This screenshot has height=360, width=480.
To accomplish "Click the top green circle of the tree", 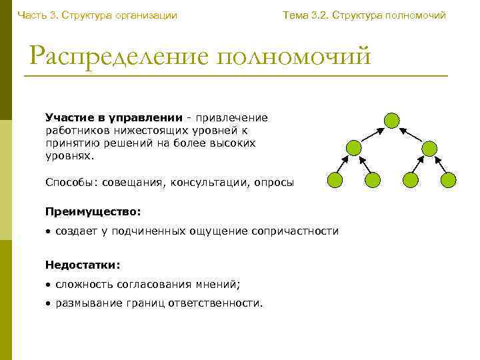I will pyautogui.click(x=392, y=120).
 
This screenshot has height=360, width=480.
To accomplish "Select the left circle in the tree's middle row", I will pyautogui.click(x=354, y=148).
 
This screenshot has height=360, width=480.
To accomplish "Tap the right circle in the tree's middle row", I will pyautogui.click(x=430, y=148).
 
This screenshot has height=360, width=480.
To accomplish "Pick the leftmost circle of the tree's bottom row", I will pyautogui.click(x=335, y=179).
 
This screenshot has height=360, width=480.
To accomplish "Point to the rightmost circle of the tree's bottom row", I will pyautogui.click(x=449, y=179).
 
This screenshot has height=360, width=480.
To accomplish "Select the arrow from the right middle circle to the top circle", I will pyautogui.click(x=411, y=134).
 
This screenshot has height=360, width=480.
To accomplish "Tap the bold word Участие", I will pyautogui.click(x=68, y=118).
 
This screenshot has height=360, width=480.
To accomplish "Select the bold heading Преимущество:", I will pyautogui.click(x=93, y=211).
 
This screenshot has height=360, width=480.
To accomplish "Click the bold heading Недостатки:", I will pyautogui.click(x=83, y=265).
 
